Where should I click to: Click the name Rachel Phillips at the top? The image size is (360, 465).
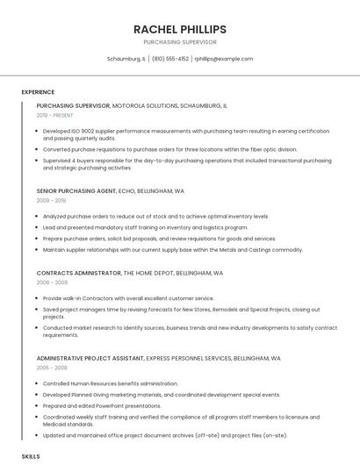tap(179, 29)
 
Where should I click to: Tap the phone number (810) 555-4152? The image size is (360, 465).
tap(170, 59)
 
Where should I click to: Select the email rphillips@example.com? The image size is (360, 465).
tap(223, 59)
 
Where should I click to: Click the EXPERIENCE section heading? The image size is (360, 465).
tap(38, 91)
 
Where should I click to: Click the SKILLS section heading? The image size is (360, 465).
tap(31, 457)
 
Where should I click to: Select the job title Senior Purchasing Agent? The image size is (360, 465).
tap(76, 190)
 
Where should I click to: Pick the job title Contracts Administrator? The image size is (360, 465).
tap(78, 273)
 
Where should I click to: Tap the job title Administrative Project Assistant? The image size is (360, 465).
tap(90, 358)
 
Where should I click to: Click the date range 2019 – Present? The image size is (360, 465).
tap(55, 115)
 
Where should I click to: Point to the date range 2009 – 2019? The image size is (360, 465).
tap(51, 200)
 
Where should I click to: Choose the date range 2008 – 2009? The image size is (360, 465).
tap(52, 283)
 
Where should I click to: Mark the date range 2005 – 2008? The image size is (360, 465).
tap(52, 368)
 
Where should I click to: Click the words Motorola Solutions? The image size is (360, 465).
tap(145, 105)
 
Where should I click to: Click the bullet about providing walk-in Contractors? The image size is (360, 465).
tap(128, 298)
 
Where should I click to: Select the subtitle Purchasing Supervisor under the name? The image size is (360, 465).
tap(179, 42)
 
